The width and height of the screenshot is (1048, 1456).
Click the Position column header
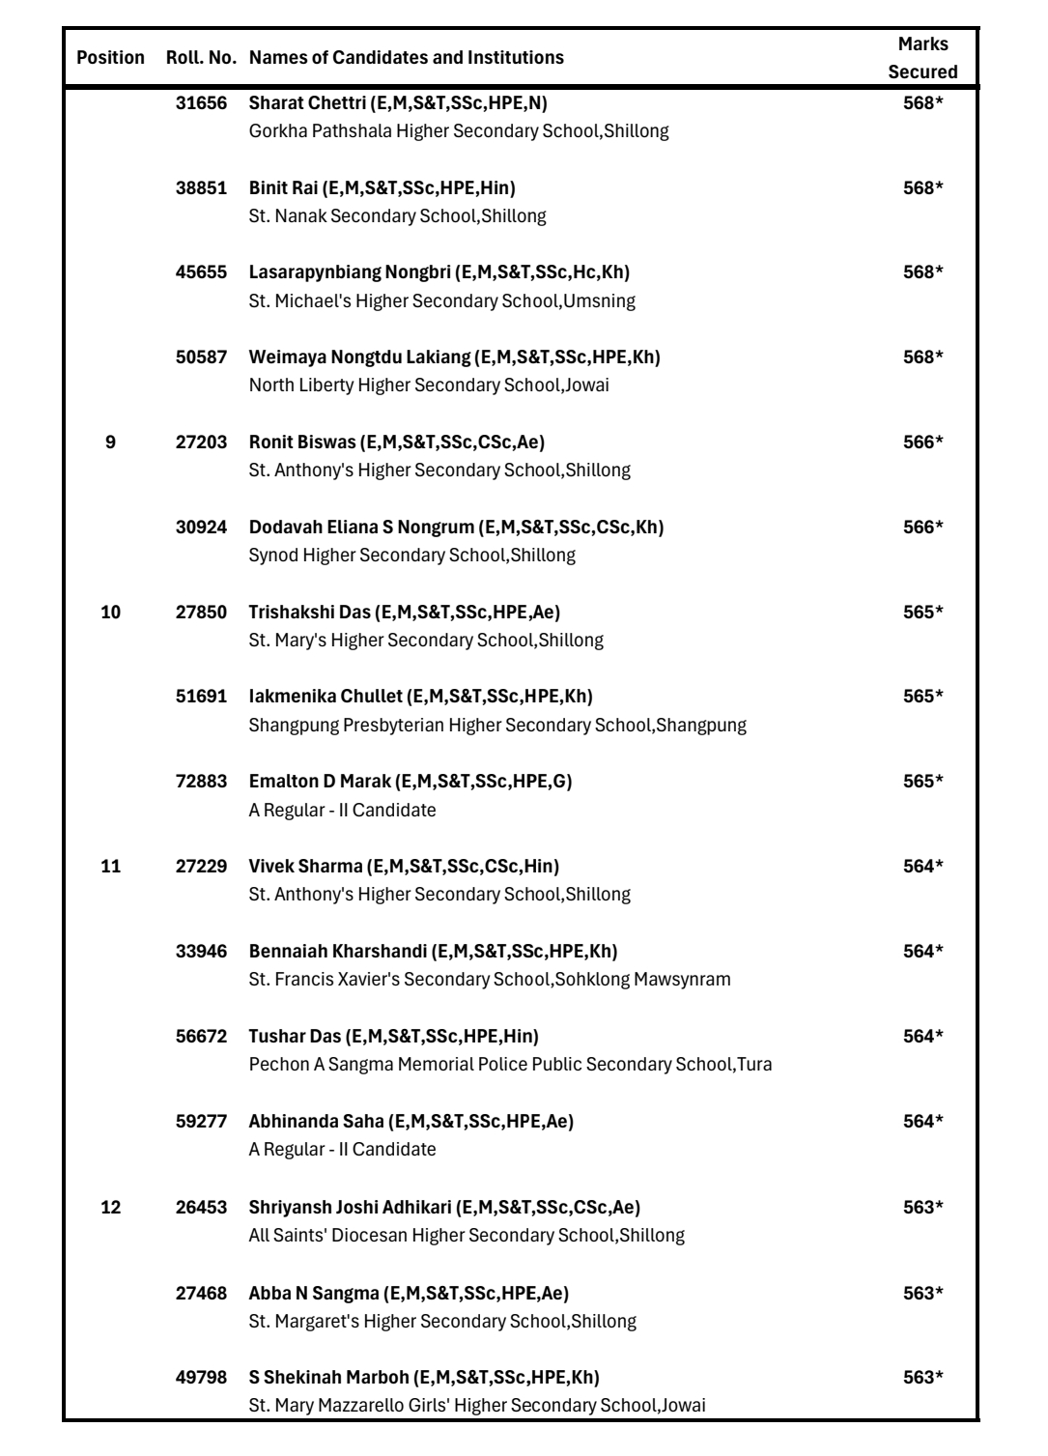pyautogui.click(x=110, y=58)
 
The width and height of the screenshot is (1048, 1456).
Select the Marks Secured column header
pyautogui.click(x=922, y=58)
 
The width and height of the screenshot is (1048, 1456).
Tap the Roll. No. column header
pyautogui.click(x=201, y=58)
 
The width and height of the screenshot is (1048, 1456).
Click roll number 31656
pyautogui.click(x=201, y=102)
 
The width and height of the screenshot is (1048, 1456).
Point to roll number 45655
pyautogui.click(x=201, y=272)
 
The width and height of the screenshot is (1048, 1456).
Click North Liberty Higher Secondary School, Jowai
pyautogui.click(x=429, y=385)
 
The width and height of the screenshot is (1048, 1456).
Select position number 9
pyautogui.click(x=110, y=443)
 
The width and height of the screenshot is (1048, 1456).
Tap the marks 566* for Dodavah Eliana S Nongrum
pyautogui.click(x=922, y=528)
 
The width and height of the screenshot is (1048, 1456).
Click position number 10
pyautogui.click(x=110, y=613)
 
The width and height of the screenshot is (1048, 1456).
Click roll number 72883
pyautogui.click(x=201, y=782)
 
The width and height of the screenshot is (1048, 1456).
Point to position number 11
pyautogui.click(x=110, y=867)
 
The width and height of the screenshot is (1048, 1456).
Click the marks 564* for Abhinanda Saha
pyautogui.click(x=922, y=1122)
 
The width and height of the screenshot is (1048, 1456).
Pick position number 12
pyautogui.click(x=110, y=1208)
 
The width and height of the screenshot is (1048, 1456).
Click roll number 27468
pyautogui.click(x=201, y=1294)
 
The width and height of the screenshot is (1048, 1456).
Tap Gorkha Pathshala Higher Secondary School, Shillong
pyautogui.click(x=459, y=130)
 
